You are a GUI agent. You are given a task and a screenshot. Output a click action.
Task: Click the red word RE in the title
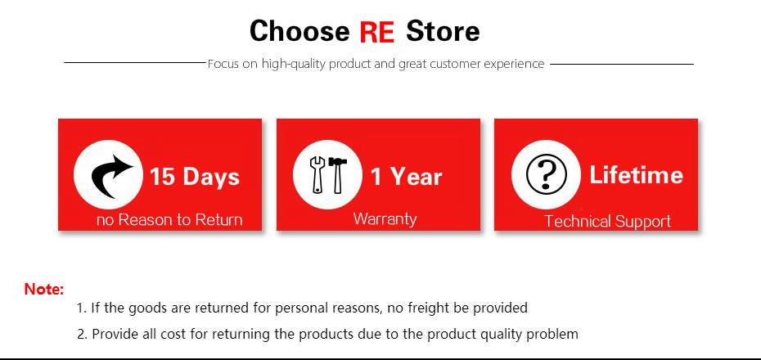(x=376, y=32)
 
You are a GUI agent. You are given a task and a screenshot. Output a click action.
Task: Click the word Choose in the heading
(x=299, y=31)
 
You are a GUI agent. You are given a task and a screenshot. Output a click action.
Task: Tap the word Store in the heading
(x=443, y=31)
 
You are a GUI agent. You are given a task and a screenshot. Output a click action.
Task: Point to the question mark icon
(x=546, y=174)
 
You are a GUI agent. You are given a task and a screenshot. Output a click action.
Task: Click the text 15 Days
(x=195, y=177)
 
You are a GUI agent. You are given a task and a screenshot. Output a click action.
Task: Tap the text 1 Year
(x=407, y=177)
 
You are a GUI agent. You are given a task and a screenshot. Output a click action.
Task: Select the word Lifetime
(x=637, y=174)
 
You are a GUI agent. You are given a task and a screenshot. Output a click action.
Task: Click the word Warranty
(x=385, y=218)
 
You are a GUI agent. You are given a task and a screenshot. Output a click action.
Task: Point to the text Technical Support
(x=608, y=221)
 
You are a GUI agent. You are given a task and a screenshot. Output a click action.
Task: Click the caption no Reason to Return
(x=169, y=220)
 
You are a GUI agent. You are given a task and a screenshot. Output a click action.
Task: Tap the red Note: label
(x=44, y=290)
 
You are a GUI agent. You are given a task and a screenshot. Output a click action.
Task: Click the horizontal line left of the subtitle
(x=135, y=62)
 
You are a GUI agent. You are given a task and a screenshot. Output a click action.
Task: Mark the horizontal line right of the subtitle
(x=622, y=64)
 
